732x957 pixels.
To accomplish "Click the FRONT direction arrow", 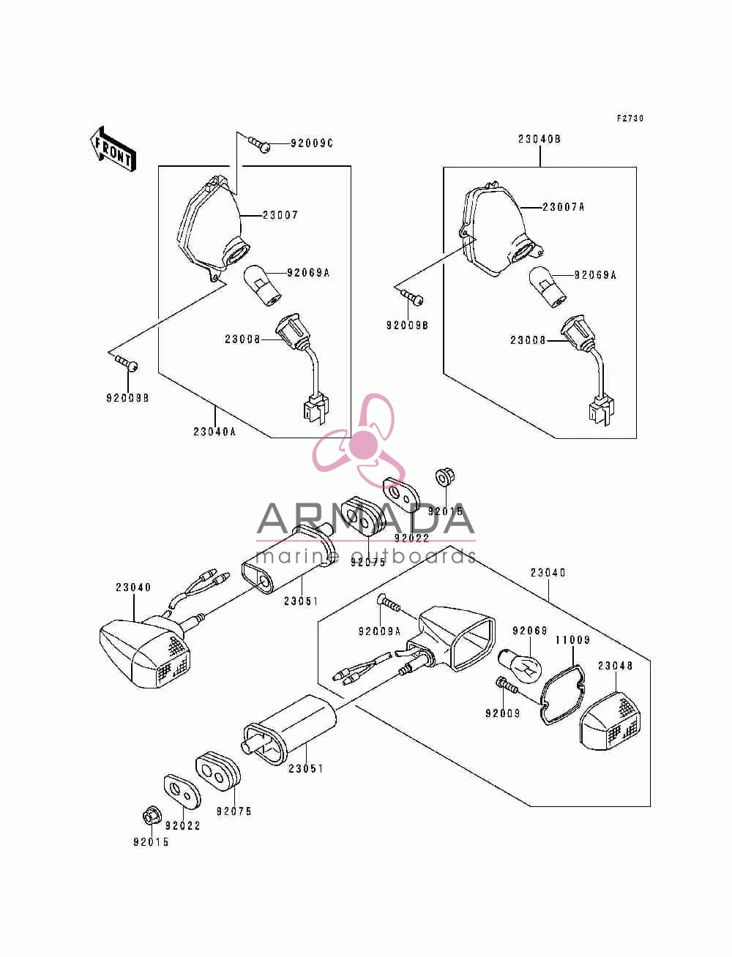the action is (x=113, y=149).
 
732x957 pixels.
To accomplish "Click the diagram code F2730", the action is (x=630, y=118).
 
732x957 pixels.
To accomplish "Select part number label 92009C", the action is (x=312, y=143).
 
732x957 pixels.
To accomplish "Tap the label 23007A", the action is (x=563, y=207).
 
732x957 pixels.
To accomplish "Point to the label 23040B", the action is (x=539, y=139).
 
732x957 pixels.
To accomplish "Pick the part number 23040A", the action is (x=214, y=432).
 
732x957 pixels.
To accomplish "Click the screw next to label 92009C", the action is (x=259, y=145).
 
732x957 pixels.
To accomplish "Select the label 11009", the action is (x=572, y=640).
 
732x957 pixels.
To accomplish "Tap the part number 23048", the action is (x=615, y=666).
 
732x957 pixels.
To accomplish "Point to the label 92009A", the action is (x=379, y=631).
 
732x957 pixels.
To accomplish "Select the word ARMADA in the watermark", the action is (x=365, y=519).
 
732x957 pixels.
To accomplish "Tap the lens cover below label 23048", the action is (x=610, y=721).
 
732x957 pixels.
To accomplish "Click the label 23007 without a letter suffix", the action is (x=280, y=215).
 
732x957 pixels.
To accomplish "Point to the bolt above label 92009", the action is (x=506, y=686).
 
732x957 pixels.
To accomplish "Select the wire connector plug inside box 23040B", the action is (x=600, y=411).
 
